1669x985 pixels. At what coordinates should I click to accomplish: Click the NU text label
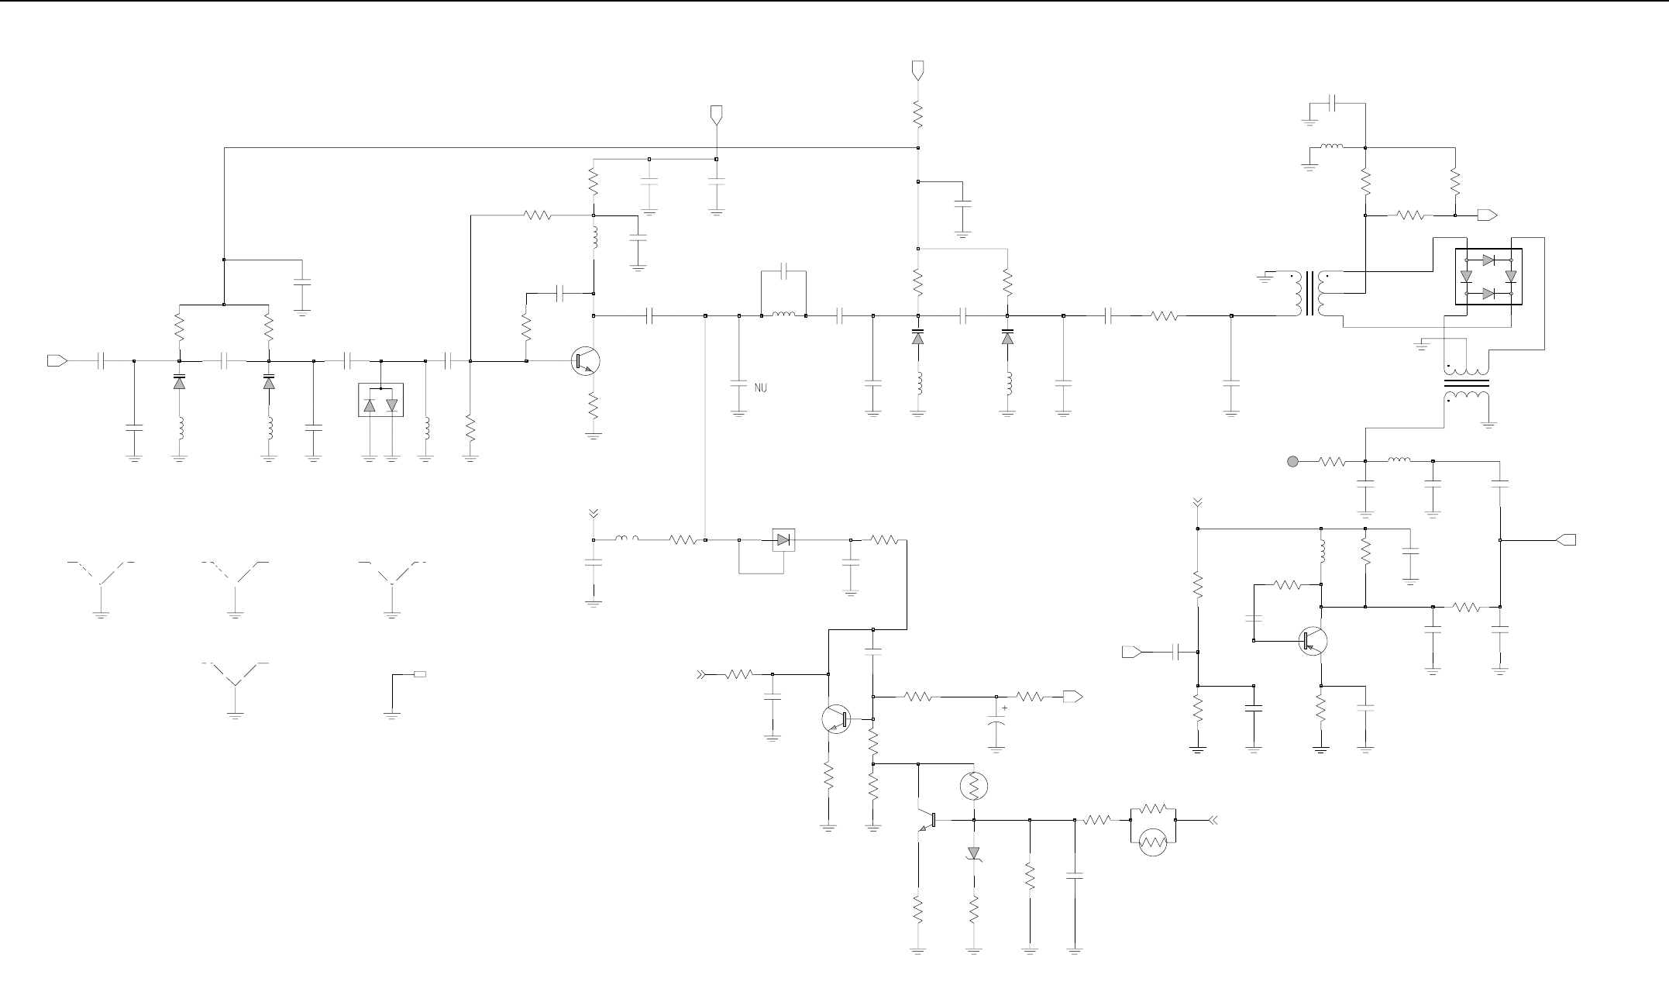coord(760,387)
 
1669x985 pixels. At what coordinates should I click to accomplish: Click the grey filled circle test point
coord(1292,462)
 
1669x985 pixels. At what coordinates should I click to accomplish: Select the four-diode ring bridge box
coord(1488,277)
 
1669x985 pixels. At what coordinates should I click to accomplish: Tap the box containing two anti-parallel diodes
coord(380,400)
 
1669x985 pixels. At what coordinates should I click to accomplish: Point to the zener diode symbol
coord(974,853)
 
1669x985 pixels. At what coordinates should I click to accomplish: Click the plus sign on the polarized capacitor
coord(1005,708)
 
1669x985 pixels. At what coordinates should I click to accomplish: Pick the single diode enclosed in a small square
coord(784,540)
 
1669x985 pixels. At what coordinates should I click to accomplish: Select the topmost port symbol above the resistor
coord(918,71)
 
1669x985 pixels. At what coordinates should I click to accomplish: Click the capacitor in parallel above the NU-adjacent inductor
coord(784,272)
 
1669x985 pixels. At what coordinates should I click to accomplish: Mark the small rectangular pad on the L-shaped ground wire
coord(419,674)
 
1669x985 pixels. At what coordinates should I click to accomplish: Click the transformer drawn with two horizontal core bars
coord(1467,383)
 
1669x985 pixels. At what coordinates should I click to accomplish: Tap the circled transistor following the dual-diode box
coord(585,361)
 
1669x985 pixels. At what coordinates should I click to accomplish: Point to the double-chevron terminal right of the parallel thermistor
coord(1213,819)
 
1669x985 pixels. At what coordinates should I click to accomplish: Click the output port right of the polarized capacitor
coord(1073,697)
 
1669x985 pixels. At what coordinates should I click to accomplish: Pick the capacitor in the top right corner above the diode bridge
coord(1333,103)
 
